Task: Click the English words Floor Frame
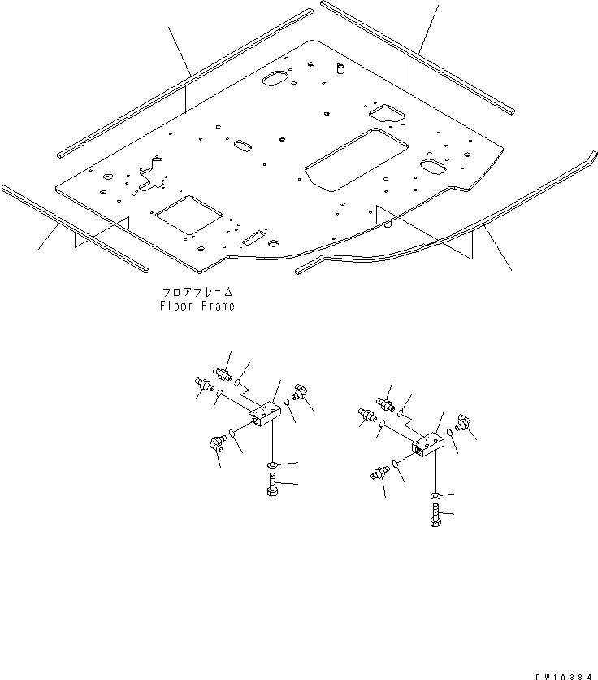197,306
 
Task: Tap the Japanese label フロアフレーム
197,291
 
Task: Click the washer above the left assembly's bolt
272,465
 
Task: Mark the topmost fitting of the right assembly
384,401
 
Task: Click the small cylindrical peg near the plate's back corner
340,68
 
